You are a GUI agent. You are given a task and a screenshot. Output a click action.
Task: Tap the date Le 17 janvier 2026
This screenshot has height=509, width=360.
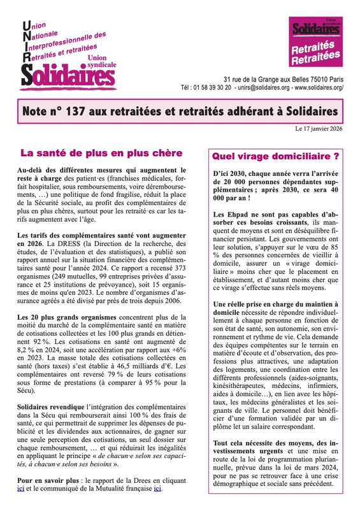(322, 129)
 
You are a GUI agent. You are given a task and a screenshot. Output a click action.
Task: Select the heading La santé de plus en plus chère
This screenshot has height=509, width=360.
(101, 153)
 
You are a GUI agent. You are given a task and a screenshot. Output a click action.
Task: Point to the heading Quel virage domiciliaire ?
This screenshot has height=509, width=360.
(275, 155)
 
